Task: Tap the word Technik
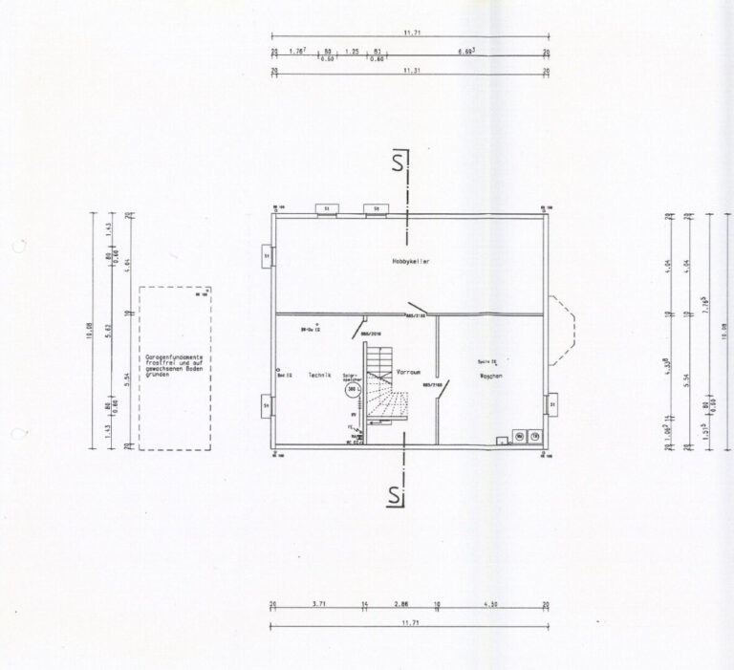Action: tap(319, 377)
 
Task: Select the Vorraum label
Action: tap(409, 370)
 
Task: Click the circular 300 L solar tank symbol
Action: tap(352, 390)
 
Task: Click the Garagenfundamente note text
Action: tap(177, 365)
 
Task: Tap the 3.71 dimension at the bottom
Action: tap(318, 605)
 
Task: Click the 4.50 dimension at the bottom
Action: tap(490, 605)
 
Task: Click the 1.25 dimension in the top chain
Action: tap(352, 52)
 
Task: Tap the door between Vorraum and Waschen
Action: tap(442, 391)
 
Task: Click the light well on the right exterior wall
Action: tap(551, 405)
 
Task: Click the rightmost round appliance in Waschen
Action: tap(535, 437)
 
